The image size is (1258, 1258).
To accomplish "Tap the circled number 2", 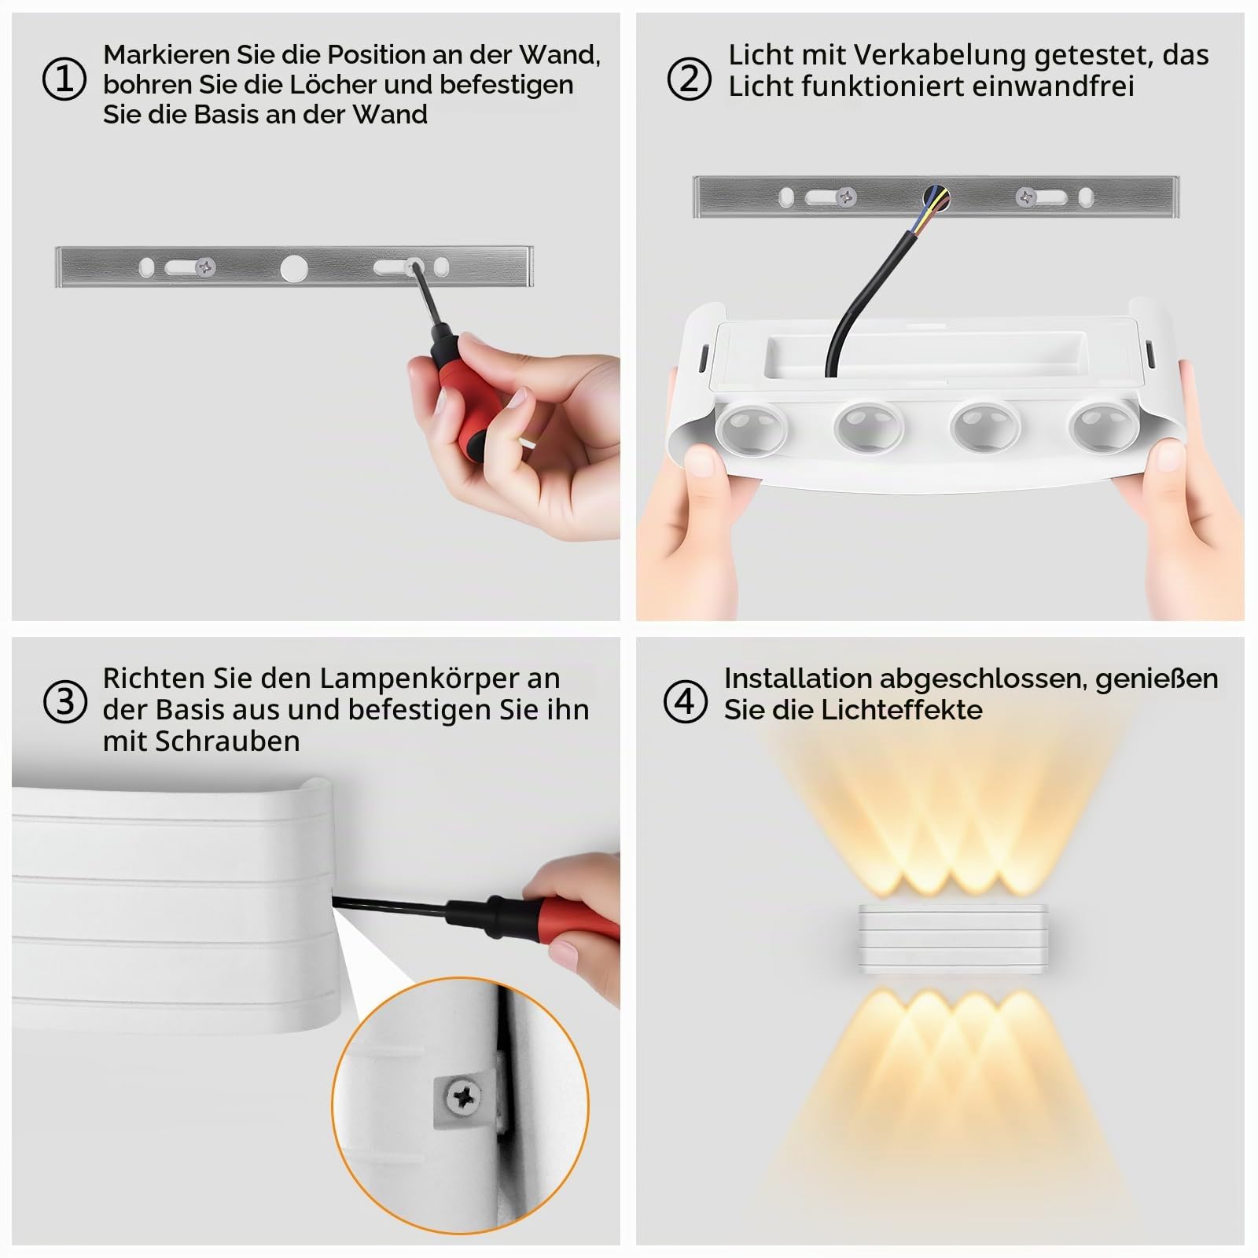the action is tap(689, 79).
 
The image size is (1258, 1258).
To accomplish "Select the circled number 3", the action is tap(64, 701).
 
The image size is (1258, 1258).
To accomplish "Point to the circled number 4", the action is tap(686, 701).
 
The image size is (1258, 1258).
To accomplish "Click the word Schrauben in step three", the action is tap(227, 741).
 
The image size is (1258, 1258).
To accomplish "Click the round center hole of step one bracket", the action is tap(294, 268).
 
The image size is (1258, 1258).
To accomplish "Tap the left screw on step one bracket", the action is tap(207, 268).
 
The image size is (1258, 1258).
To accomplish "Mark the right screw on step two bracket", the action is tap(1026, 197).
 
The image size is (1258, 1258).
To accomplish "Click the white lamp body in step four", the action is tap(953, 940).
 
